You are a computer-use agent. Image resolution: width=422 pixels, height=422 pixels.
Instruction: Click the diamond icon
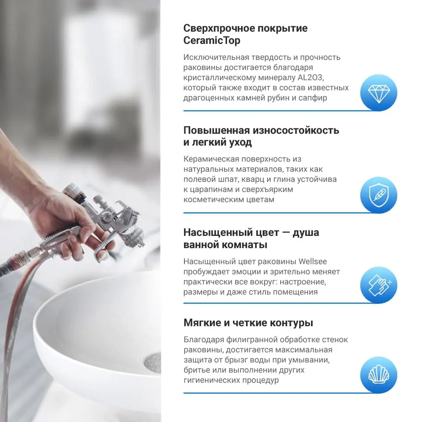[378, 92]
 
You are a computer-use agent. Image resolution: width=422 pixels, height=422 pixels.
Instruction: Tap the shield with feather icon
[378, 195]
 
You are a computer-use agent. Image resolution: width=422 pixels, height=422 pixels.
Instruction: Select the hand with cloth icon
[378, 285]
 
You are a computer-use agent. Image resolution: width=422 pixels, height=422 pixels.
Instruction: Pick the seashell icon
[378, 375]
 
